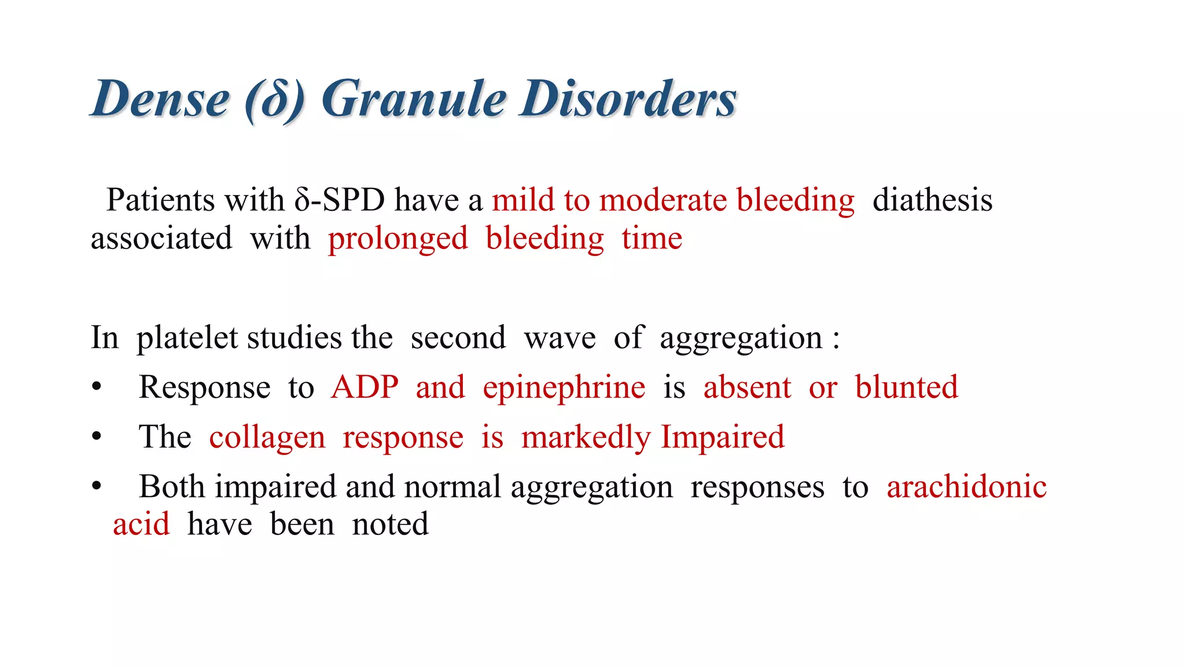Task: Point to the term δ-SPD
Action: pos(340,200)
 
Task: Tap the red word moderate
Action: pos(663,200)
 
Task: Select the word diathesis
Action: pos(932,200)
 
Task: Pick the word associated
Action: pos(161,239)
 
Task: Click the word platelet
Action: pos(186,338)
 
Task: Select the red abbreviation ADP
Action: pos(365,387)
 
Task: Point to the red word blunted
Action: pos(906,387)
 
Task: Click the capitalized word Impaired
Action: pos(722,437)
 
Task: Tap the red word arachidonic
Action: pos(966,487)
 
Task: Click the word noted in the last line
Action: pos(390,525)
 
